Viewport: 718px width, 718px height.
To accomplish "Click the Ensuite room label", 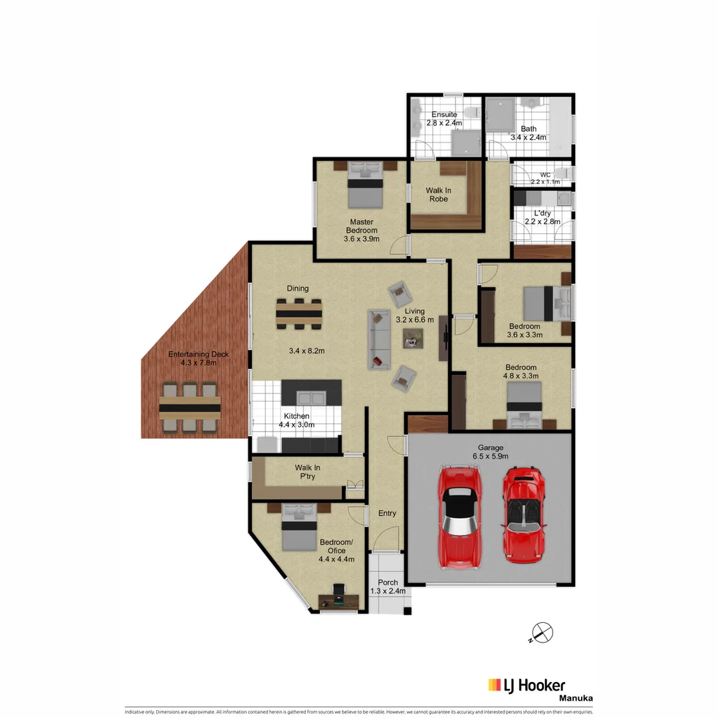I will pyautogui.click(x=443, y=119).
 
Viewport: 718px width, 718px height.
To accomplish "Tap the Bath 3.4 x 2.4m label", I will pyautogui.click(x=529, y=133).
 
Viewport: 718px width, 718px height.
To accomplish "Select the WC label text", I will pyautogui.click(x=545, y=178).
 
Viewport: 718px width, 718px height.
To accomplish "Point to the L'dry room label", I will pyautogui.click(x=542, y=217).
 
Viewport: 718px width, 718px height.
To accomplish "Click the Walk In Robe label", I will pyautogui.click(x=437, y=194).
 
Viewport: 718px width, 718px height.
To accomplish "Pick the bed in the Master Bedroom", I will pyautogui.click(x=365, y=187).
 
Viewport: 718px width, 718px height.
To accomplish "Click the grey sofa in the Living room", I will pyautogui.click(x=379, y=339).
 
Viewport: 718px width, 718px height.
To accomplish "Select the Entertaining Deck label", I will pyautogui.click(x=198, y=358).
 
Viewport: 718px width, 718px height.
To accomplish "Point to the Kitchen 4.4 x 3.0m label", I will pyautogui.click(x=296, y=420).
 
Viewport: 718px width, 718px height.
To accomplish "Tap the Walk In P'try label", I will pyautogui.click(x=308, y=471).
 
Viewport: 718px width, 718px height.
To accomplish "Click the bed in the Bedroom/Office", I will pyautogui.click(x=299, y=528).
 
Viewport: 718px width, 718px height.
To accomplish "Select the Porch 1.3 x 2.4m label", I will pyautogui.click(x=387, y=586).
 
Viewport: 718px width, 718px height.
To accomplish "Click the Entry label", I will pyautogui.click(x=387, y=513).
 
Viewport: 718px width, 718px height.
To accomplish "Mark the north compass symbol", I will pyautogui.click(x=542, y=632).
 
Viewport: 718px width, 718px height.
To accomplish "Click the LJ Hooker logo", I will pyautogui.click(x=527, y=685).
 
